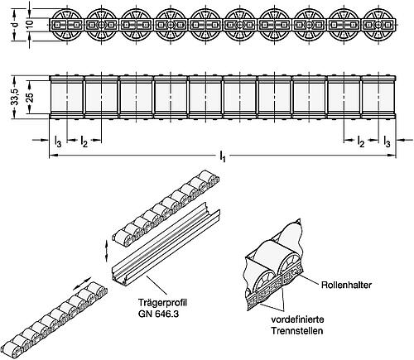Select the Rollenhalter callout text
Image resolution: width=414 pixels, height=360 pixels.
coord(341,282)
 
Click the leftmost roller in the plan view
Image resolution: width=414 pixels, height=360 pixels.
coord(65,98)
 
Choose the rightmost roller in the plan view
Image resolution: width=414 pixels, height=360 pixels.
coord(377,98)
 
